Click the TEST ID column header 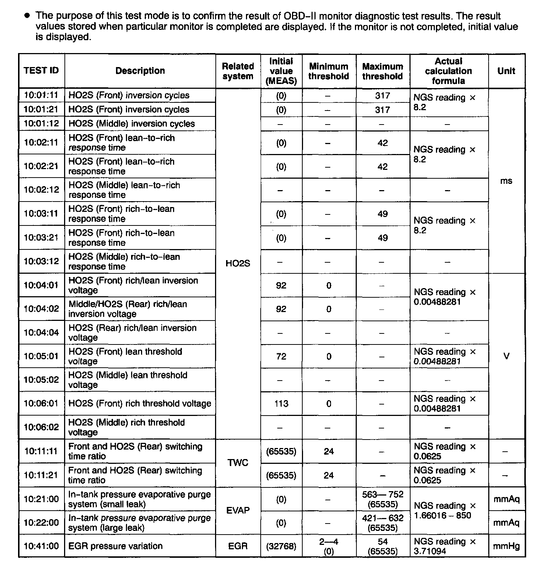pyautogui.click(x=41, y=71)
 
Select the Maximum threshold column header pyautogui.click(x=383, y=71)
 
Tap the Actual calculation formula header pyautogui.click(x=448, y=71)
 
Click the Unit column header pyautogui.click(x=506, y=71)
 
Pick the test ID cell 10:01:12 pyautogui.click(x=41, y=123)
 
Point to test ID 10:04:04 pyautogui.click(x=41, y=333)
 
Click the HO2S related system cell pyautogui.click(x=238, y=263)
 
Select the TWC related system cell pyautogui.click(x=238, y=463)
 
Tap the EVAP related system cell pyautogui.click(x=238, y=511)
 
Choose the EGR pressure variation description pyautogui.click(x=115, y=546)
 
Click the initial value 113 pyautogui.click(x=281, y=404)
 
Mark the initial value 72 pyautogui.click(x=281, y=356)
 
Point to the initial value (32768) pyautogui.click(x=281, y=546)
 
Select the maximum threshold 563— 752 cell pyautogui.click(x=383, y=499)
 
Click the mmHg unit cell pyautogui.click(x=506, y=546)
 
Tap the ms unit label pyautogui.click(x=506, y=181)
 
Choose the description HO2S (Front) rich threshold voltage pyautogui.click(x=140, y=403)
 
